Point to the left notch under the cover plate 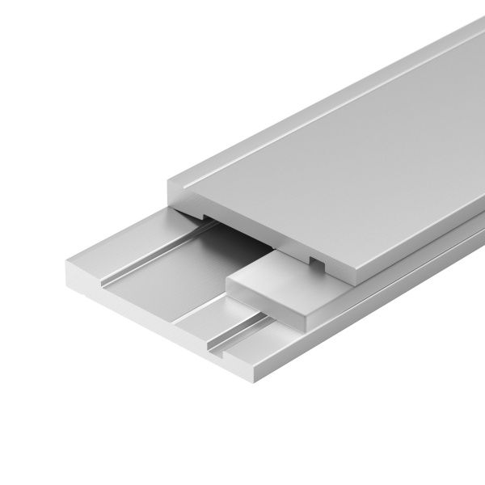pyautogui.click(x=198, y=217)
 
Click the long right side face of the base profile pyautogui.click(x=388, y=315)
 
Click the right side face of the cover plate pyautogui.click(x=420, y=234)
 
